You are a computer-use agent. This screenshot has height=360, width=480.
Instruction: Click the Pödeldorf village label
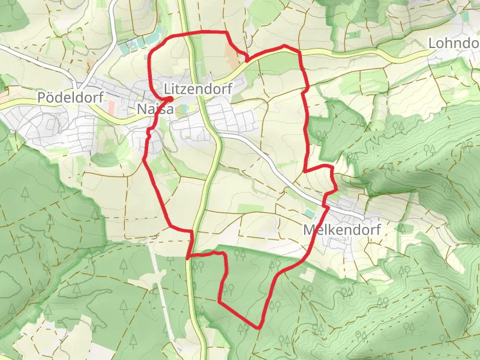point(70,97)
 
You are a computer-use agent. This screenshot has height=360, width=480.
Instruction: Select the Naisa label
point(155,110)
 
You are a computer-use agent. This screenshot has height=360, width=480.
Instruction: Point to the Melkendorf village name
point(342,230)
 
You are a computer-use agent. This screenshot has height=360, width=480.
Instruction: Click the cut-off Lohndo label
point(453,43)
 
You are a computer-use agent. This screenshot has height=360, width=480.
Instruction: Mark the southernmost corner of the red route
point(259,328)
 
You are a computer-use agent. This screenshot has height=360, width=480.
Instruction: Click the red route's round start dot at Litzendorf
point(170,99)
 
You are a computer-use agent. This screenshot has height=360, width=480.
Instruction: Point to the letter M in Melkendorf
point(310,230)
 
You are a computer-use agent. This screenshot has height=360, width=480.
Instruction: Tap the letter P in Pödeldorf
point(41,97)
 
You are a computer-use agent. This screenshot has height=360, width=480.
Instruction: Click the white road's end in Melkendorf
point(363,217)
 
